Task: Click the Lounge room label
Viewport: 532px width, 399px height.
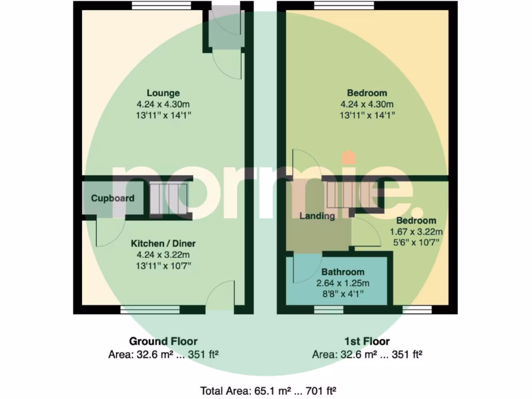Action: [163, 94]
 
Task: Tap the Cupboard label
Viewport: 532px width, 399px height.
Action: [113, 198]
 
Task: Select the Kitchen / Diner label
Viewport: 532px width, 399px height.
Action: [163, 243]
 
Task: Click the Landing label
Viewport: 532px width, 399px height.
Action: [317, 216]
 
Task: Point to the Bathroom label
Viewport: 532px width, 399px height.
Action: [342, 272]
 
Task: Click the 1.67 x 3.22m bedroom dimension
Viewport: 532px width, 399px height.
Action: [416, 232]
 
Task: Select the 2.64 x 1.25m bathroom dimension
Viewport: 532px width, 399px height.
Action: [342, 283]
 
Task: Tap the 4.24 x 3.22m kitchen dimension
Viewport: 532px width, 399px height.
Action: [163, 255]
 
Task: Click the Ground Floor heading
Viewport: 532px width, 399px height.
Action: [163, 341]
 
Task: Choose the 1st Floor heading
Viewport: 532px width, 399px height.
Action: [367, 341]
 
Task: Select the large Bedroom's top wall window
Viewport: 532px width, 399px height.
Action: [344, 6]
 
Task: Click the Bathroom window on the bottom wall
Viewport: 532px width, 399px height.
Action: [328, 310]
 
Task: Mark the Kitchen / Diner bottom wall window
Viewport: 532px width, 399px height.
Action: [150, 310]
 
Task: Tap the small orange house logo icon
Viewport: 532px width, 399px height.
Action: [349, 157]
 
